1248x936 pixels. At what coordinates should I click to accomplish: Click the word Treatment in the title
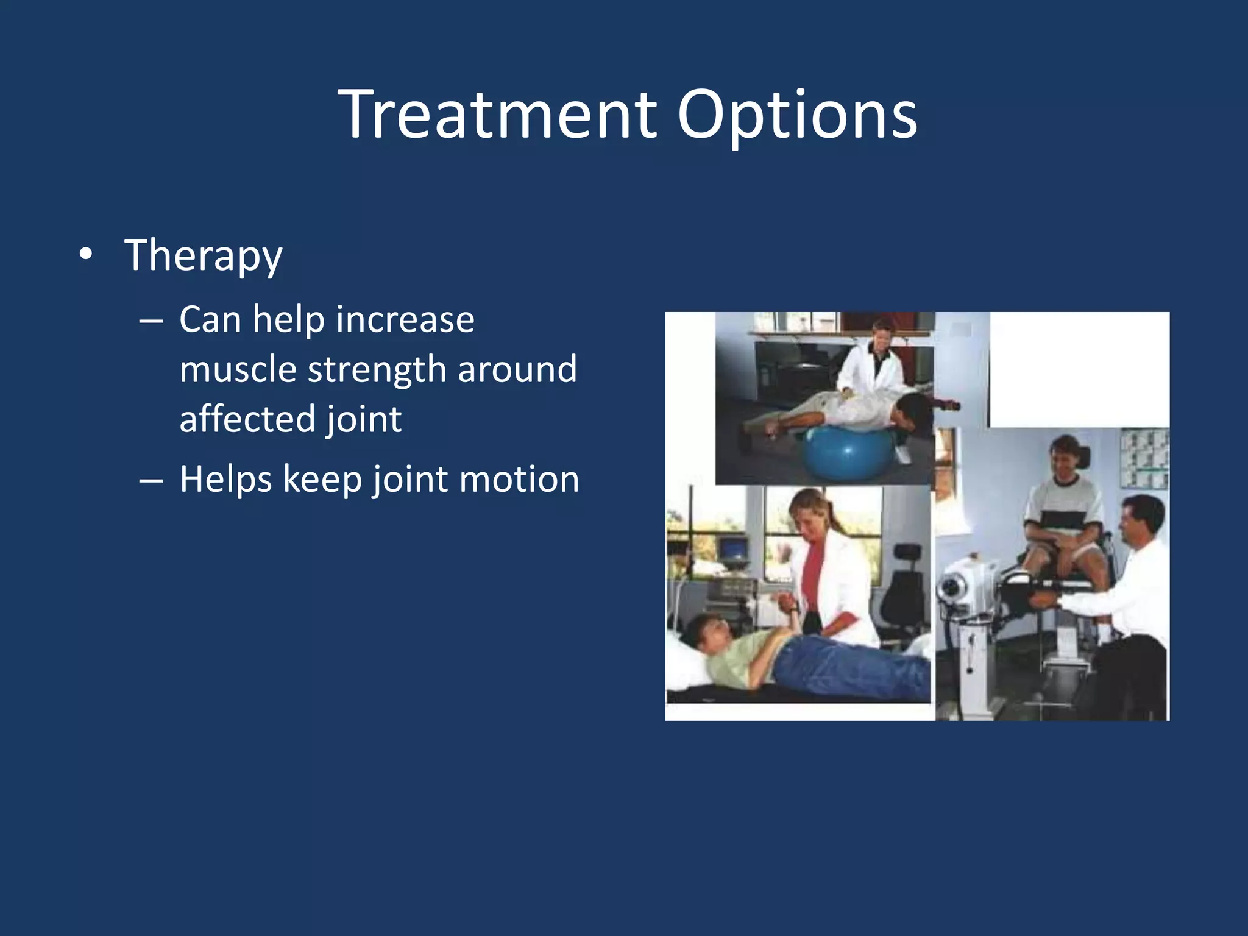497,115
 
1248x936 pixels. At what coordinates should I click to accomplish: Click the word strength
377,369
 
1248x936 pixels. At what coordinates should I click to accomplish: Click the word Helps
225,479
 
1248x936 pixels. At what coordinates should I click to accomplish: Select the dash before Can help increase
151,321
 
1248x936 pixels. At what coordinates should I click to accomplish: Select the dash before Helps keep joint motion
151,480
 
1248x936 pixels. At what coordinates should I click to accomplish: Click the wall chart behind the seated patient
1144,457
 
